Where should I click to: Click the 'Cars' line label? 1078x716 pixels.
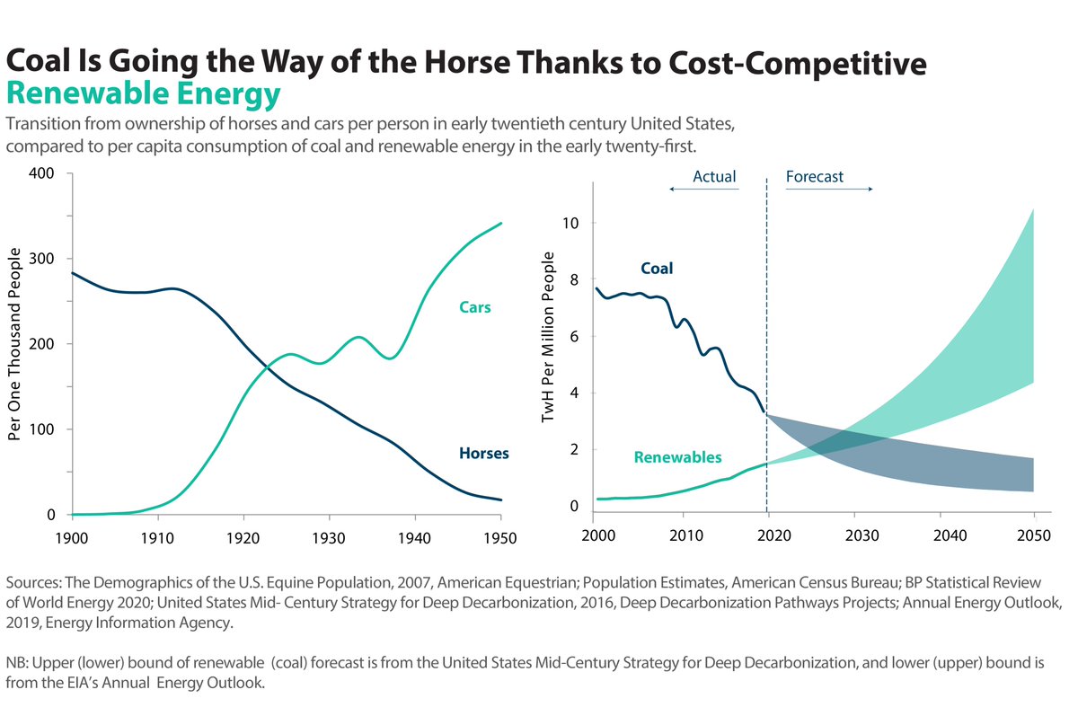[474, 308]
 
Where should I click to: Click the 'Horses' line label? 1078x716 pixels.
[484, 454]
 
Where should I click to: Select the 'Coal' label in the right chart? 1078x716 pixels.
[657, 269]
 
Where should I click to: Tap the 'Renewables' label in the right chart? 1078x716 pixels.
[677, 457]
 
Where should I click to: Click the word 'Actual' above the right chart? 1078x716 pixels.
[714, 177]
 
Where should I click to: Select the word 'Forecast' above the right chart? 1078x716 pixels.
[815, 177]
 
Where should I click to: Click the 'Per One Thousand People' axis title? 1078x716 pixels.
[14, 343]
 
